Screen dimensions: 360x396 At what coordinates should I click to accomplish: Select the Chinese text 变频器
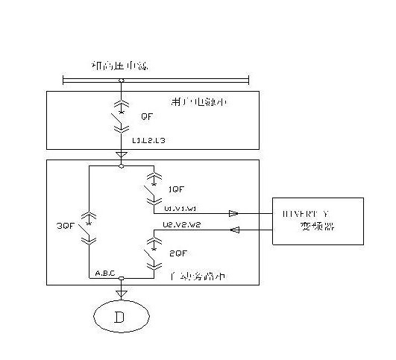(x=318, y=226)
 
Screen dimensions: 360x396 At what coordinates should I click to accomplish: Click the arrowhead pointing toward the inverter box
(x=233, y=213)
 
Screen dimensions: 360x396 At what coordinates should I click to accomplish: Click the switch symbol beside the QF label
(x=122, y=118)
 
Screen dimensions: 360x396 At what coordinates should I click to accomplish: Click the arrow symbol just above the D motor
(x=121, y=293)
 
